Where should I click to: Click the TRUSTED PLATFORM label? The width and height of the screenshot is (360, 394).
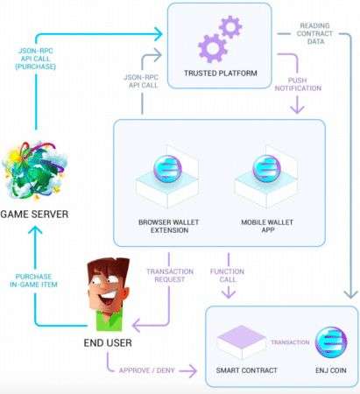pos(221,73)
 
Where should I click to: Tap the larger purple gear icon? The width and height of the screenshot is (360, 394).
pos(212,48)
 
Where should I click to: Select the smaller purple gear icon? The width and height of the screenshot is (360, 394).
pos(230,27)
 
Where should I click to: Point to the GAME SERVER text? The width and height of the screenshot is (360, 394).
pos(34,215)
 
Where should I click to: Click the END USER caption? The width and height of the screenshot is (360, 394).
pos(108,342)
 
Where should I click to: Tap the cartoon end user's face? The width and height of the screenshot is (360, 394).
pos(109,289)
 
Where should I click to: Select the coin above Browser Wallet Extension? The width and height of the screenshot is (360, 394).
pos(167,169)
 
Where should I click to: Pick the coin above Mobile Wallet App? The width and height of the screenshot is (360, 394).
pos(266,169)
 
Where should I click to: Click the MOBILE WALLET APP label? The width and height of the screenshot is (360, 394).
pos(267,226)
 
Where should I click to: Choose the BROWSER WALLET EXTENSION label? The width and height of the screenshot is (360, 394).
pos(169,226)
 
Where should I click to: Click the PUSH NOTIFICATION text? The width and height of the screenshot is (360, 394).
pos(298,84)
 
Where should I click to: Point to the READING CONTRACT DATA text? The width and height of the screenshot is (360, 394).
pos(314,33)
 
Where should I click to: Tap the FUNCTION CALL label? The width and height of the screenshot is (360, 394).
pos(227,275)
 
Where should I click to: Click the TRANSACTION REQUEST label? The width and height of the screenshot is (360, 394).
pos(170,275)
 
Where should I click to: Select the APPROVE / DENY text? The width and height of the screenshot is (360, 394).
pos(147,370)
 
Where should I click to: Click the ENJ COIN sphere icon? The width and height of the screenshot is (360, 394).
pos(331,342)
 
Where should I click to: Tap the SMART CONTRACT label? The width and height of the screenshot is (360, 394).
pos(246,370)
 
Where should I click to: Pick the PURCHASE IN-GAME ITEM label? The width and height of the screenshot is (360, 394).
pos(33,280)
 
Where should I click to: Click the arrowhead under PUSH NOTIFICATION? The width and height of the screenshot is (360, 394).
pos(297,109)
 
